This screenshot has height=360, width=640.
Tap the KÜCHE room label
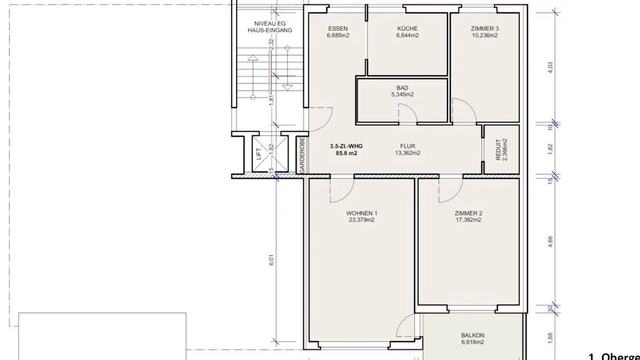[408, 28]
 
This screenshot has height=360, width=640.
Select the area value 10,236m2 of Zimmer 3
[484, 36]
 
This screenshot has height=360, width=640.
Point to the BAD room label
[402, 88]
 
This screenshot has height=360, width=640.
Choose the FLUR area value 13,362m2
[407, 153]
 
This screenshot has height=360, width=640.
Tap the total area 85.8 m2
[346, 153]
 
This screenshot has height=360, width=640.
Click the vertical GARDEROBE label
[302, 155]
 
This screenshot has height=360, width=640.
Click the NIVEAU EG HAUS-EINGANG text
[270, 27]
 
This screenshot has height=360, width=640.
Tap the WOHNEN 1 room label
[360, 213]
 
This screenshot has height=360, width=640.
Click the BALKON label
[472, 335]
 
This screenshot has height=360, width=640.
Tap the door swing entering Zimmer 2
[450, 190]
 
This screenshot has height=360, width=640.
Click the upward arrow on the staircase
[252, 58]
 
